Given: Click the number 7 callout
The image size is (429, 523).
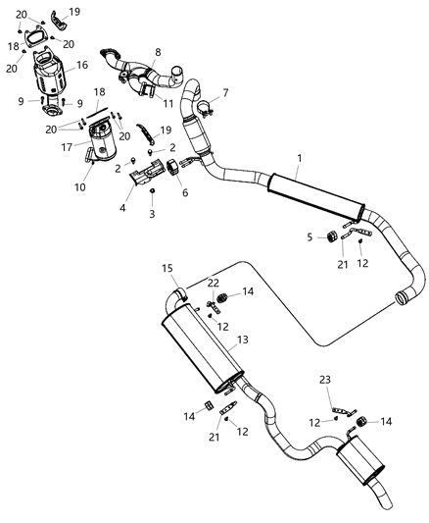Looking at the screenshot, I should coord(224,93).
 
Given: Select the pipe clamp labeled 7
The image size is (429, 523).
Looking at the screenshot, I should coord(207,107).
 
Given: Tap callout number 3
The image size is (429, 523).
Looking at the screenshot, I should coord(152,213).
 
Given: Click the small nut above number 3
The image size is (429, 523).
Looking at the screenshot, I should coord(152,190).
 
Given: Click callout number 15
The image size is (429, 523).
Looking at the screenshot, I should coord(167,268).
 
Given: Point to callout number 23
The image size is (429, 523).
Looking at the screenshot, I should coord(324,378).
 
